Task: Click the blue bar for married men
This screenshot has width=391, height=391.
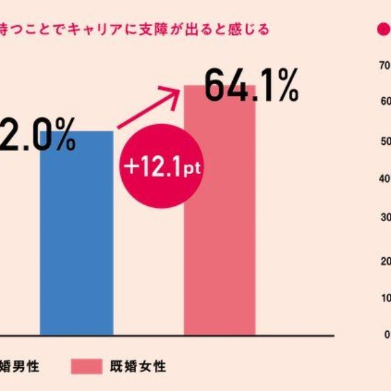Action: coord(76,244)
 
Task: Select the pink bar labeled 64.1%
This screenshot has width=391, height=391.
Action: coord(219,244)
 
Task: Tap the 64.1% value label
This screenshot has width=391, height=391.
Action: coord(250,86)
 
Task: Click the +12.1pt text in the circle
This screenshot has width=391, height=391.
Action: coord(162,167)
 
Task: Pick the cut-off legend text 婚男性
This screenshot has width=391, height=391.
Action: coord(27,367)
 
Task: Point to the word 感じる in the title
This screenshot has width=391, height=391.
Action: coord(251,29)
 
